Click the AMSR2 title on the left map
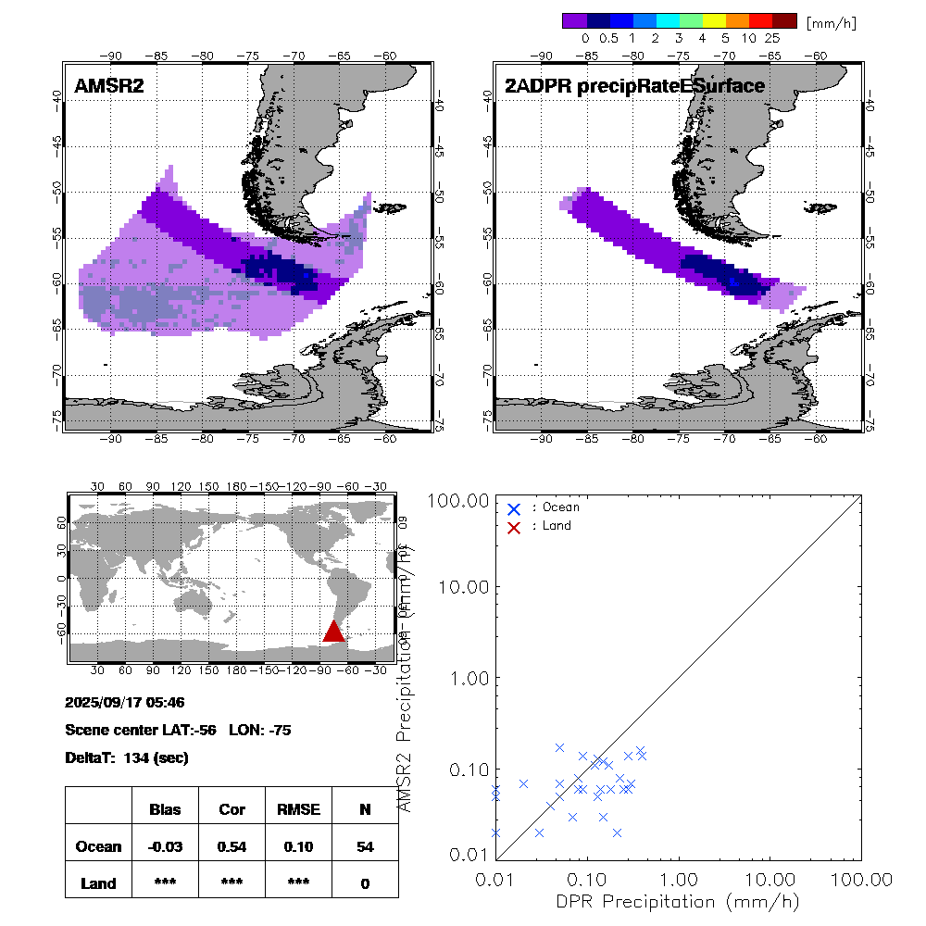(109, 87)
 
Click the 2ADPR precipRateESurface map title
(634, 87)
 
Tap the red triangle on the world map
(333, 632)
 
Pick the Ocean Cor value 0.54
(231, 846)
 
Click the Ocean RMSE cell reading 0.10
(298, 846)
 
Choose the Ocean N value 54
(365, 846)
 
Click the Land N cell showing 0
(365, 883)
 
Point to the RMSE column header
(298, 809)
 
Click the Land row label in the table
(98, 883)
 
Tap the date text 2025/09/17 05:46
(125, 702)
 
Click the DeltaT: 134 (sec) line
(127, 757)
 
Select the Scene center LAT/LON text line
(179, 730)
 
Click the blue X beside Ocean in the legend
(515, 508)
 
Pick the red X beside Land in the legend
(515, 526)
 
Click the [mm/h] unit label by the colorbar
(831, 21)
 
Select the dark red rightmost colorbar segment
(784, 20)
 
